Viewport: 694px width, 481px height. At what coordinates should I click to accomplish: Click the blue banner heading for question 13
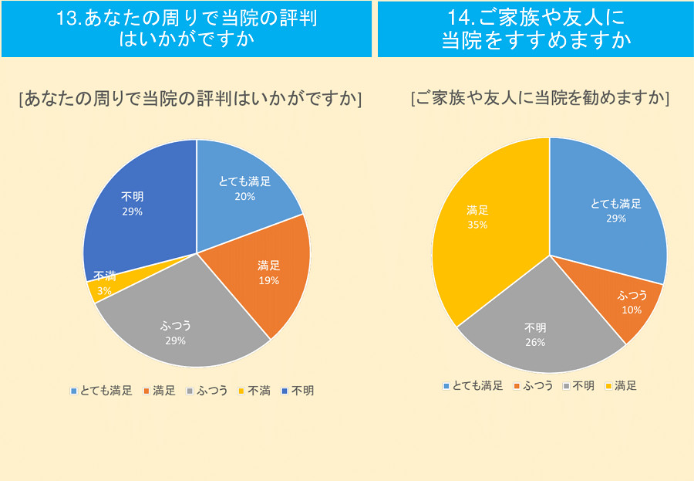pos(187,29)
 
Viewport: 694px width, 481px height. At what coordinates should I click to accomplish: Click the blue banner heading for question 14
pos(535,29)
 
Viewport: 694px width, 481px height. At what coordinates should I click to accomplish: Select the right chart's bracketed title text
pos(540,98)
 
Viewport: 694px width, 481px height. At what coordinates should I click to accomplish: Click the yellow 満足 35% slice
pos(486,224)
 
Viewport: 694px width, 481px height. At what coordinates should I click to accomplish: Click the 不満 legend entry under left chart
pos(254,391)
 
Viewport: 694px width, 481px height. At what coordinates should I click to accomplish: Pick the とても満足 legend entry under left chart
pos(101,391)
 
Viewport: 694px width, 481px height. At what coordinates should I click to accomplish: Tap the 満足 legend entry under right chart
pos(620,385)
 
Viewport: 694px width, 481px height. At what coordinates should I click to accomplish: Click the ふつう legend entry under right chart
pos(534,385)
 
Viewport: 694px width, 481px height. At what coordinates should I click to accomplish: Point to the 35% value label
pos(477,225)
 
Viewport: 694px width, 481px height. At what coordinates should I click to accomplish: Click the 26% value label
pos(535,342)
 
